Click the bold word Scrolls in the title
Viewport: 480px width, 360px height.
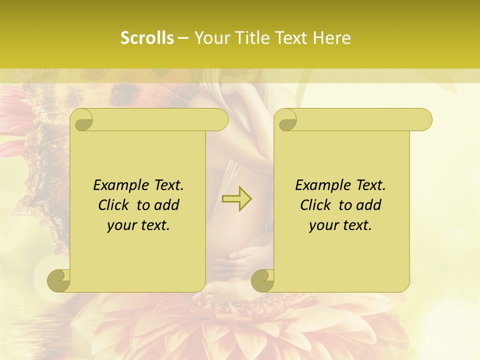pos(147,38)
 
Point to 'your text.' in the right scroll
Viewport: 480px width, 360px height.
pos(340,225)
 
